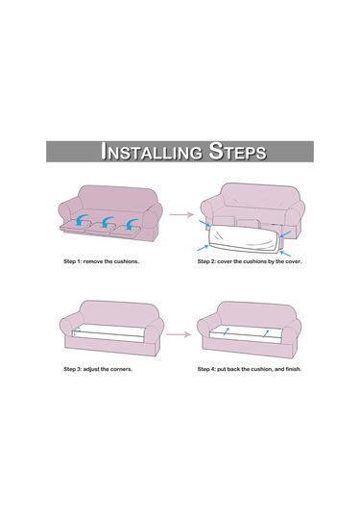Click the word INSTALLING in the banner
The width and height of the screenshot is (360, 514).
click(x=152, y=152)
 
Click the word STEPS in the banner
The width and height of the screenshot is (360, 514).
click(x=237, y=151)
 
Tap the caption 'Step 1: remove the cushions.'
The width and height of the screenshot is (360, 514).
click(x=101, y=261)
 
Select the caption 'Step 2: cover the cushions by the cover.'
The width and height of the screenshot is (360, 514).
click(x=250, y=261)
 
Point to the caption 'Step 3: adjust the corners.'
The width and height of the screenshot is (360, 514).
click(x=98, y=369)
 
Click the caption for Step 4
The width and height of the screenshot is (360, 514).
click(x=250, y=369)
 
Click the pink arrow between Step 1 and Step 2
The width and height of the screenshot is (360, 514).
click(x=181, y=214)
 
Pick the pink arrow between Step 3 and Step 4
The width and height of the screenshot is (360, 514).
click(x=179, y=334)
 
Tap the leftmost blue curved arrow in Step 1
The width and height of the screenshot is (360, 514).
click(x=81, y=220)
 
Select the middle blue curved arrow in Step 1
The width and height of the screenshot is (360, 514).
click(x=107, y=222)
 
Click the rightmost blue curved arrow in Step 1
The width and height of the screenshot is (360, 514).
click(x=131, y=224)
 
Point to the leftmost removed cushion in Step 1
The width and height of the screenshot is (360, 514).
click(x=75, y=227)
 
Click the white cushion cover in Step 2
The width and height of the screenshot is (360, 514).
click(x=244, y=238)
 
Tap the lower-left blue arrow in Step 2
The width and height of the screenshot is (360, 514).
click(x=203, y=248)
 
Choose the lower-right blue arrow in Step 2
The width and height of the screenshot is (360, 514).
click(x=285, y=254)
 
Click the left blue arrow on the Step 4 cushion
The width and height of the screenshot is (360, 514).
click(x=227, y=331)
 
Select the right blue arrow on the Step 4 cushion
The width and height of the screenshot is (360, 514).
click(x=266, y=334)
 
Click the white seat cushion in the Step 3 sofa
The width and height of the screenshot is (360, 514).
click(x=108, y=334)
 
